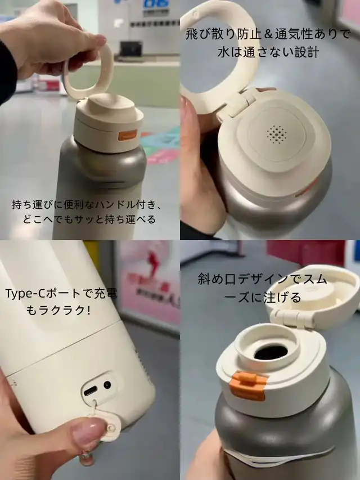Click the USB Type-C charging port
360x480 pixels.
pos(91,391)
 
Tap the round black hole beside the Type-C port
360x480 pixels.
pos(107,384)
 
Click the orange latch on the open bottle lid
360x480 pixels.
pos(247,385)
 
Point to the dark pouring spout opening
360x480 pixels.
pos(271,353)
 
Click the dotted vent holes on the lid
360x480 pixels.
pos(276,134)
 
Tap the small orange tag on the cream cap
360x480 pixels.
pos(128,135)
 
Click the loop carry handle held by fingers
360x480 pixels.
pos(89,74)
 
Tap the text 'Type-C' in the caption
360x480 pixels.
pos(22,294)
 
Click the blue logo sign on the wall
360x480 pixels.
pos(156,3)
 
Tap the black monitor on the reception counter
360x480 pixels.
pos(131,48)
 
